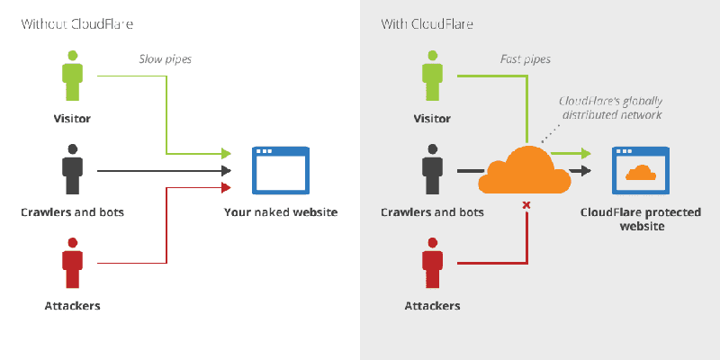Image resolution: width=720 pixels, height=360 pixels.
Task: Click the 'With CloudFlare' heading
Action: [427, 23]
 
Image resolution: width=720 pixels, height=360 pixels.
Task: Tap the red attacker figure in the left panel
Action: [72, 262]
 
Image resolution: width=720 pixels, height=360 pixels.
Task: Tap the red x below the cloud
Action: [526, 205]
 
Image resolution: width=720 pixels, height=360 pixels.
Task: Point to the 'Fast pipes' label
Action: [525, 59]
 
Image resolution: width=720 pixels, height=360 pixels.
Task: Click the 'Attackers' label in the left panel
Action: [72, 306]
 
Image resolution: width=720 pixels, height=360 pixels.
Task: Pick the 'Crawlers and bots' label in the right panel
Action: [433, 213]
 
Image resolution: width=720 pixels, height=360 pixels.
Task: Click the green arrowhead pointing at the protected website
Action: [586, 153]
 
